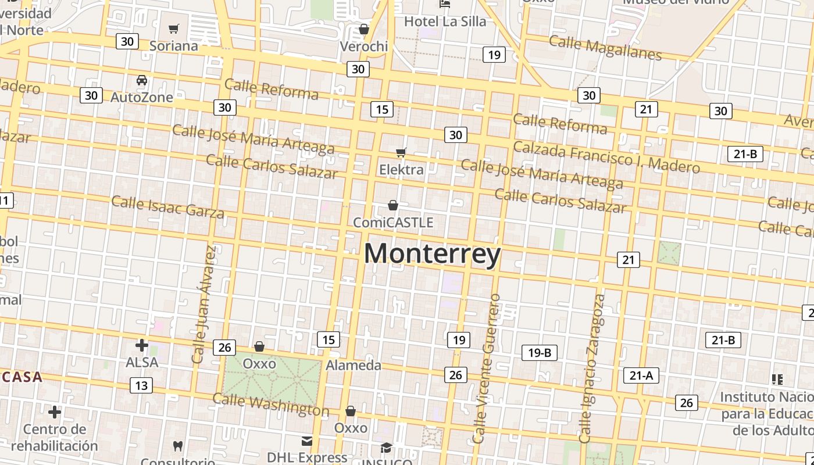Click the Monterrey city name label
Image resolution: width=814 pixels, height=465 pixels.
pyautogui.click(x=432, y=255)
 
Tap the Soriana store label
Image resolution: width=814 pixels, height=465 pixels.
pyautogui.click(x=174, y=45)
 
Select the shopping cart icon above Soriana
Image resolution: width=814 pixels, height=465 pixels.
pyautogui.click(x=173, y=28)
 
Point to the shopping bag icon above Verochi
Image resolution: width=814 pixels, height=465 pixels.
pyautogui.click(x=364, y=29)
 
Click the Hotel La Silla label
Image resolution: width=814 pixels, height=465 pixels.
pyautogui.click(x=445, y=22)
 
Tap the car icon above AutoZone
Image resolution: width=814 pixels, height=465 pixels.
pyautogui.click(x=142, y=80)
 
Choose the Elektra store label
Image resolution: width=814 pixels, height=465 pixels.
pyautogui.click(x=401, y=170)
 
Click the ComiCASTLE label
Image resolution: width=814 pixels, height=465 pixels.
pyautogui.click(x=394, y=223)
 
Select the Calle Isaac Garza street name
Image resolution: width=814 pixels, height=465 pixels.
pyautogui.click(x=167, y=208)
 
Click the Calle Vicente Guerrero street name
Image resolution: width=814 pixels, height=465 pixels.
pyautogui.click(x=487, y=369)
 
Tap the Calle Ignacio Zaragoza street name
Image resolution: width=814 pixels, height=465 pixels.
pyautogui.click(x=592, y=369)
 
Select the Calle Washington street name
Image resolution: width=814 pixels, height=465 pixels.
pyautogui.click(x=270, y=405)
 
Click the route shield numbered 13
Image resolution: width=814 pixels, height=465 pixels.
pyautogui.click(x=141, y=385)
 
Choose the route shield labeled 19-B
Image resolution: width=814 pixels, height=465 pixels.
pyautogui.click(x=540, y=352)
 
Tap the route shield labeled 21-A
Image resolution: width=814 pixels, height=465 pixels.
pyautogui.click(x=641, y=375)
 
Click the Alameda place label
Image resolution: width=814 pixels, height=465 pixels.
pyautogui.click(x=354, y=366)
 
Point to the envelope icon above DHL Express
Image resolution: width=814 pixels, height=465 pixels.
pyautogui.click(x=307, y=441)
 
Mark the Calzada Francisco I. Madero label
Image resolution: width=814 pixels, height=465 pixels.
pyautogui.click(x=606, y=158)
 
